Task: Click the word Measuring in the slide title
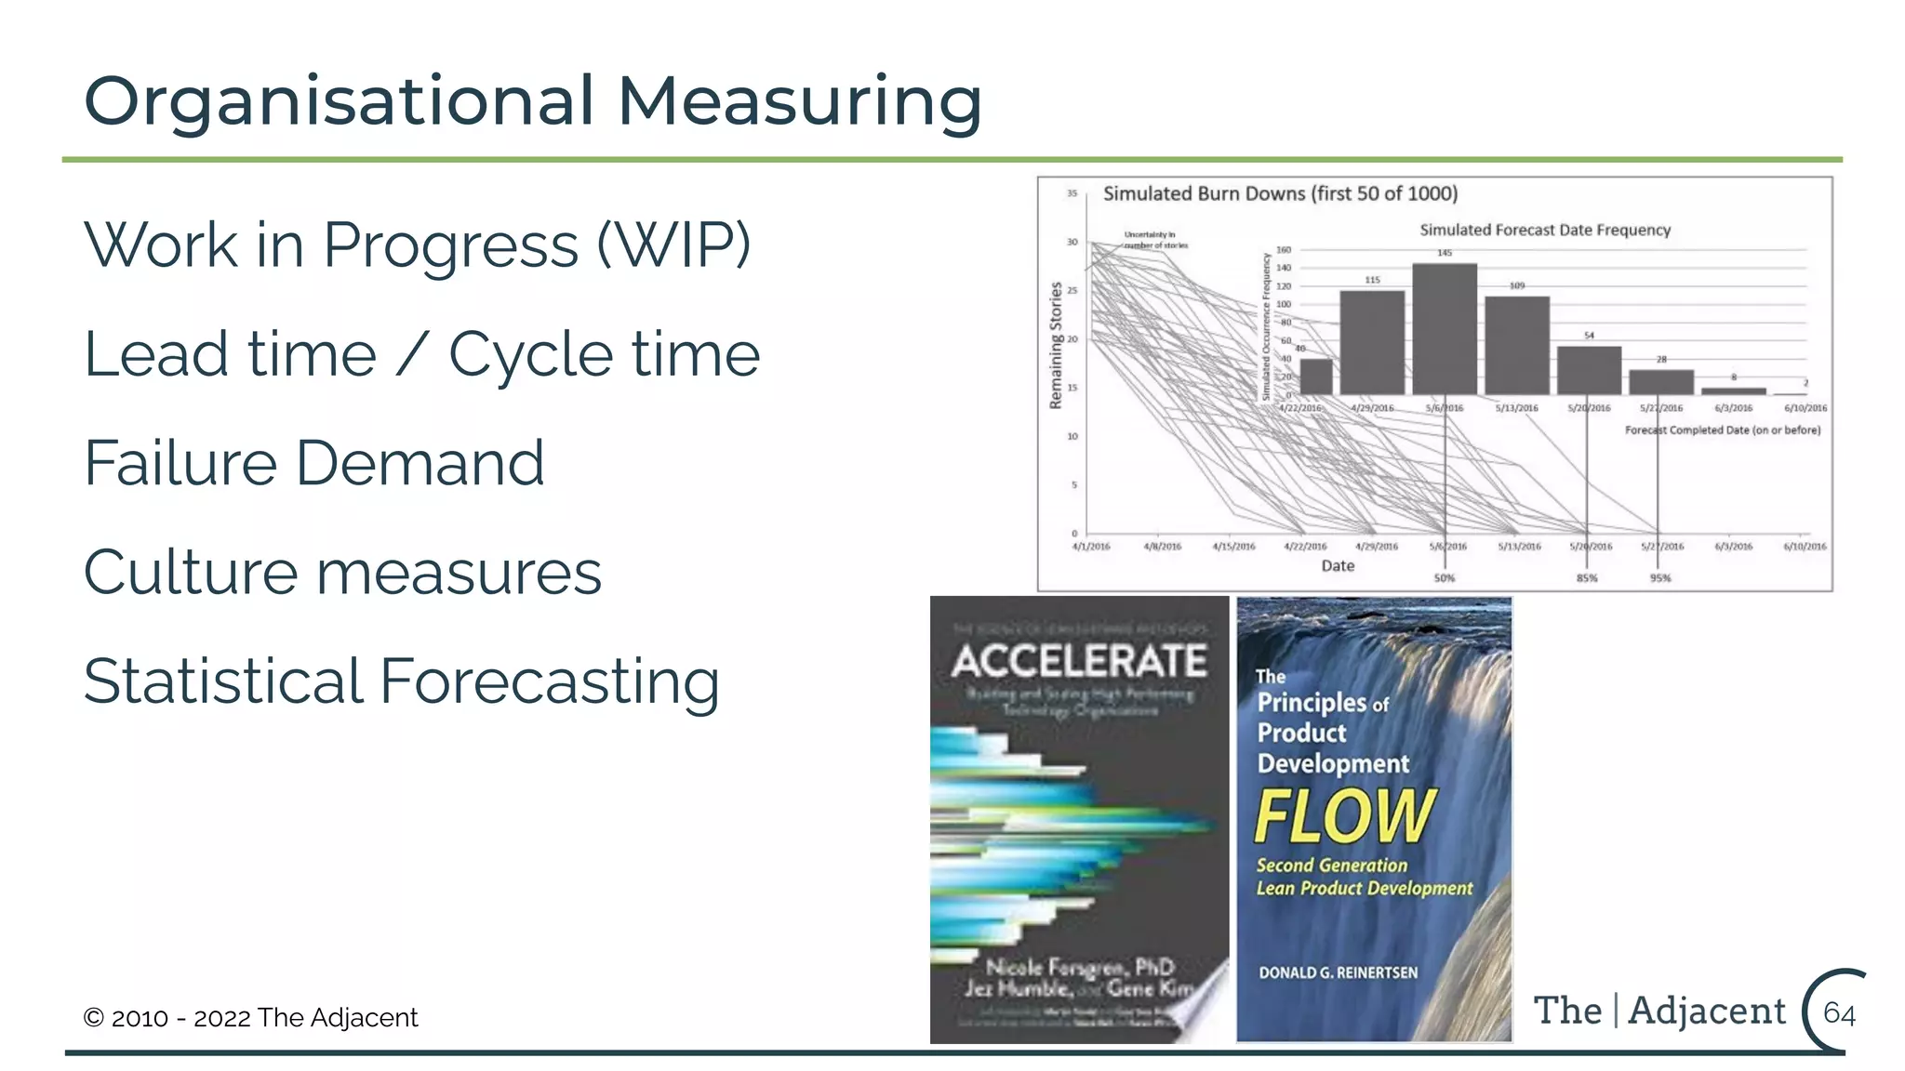(800, 102)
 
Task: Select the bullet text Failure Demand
(314, 463)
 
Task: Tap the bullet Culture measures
(342, 572)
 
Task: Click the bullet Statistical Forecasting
(402, 681)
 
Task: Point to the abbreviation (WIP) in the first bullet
(673, 245)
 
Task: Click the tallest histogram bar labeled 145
(1445, 330)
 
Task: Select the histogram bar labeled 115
(1372, 343)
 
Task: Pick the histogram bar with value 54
(1589, 371)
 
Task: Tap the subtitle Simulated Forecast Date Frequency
(1545, 230)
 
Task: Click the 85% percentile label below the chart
(1587, 578)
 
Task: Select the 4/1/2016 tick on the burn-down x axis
(1091, 547)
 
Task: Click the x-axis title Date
(1338, 565)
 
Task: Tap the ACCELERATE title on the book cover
(1079, 661)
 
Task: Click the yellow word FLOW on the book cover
(1345, 815)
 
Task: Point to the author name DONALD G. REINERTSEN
(1338, 972)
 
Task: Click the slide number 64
(1839, 1012)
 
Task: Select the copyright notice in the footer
(250, 1017)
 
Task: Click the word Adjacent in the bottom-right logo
(1707, 1011)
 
